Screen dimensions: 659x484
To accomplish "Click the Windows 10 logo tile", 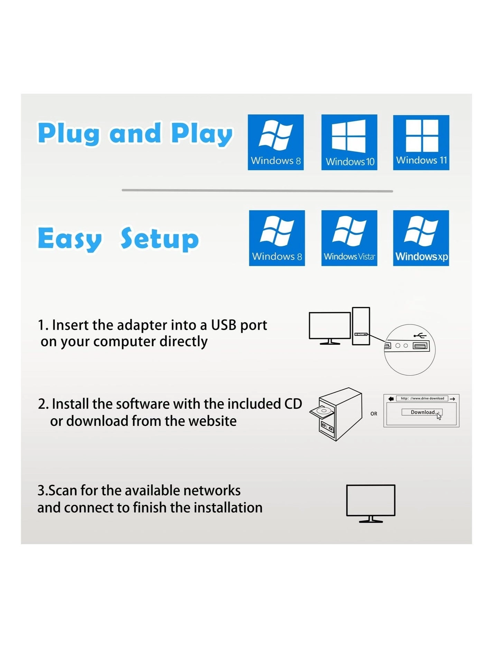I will (x=349, y=142).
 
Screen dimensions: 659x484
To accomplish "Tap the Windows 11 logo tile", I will (x=421, y=142).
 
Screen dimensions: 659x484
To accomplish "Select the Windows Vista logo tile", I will (x=349, y=238).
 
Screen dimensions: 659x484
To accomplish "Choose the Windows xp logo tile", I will (x=421, y=238).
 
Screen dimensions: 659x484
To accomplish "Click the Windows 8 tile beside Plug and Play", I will (x=276, y=142).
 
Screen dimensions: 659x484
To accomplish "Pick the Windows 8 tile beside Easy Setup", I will (x=277, y=238).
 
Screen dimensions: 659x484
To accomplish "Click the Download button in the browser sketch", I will (x=422, y=412).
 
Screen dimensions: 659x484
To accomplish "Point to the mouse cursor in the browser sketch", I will (x=439, y=416).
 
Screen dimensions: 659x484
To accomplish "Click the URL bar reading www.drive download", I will (x=422, y=398).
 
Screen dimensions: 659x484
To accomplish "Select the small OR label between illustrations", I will (x=374, y=414).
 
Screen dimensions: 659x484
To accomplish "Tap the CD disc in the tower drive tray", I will (x=323, y=411).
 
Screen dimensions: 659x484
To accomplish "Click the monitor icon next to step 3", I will (x=371, y=501).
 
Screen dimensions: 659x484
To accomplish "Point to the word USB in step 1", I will (x=223, y=325).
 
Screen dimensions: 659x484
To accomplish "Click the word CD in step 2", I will (x=293, y=404).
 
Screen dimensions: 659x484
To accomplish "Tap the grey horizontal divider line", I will (x=257, y=191).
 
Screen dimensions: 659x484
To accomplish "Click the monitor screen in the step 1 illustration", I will (x=330, y=326).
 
